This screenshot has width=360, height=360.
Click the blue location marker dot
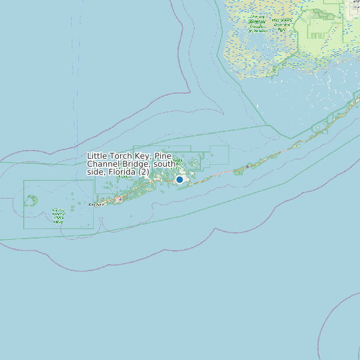tap(179, 179)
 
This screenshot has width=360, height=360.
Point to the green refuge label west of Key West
tap(58, 216)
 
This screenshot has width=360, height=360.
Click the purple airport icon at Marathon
tap(247, 165)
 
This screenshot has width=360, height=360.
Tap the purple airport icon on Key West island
tap(119, 199)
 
